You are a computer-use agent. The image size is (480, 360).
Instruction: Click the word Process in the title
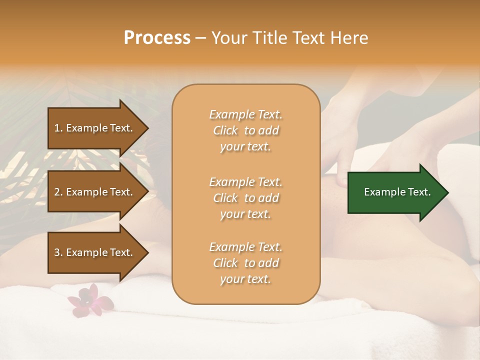point(157,38)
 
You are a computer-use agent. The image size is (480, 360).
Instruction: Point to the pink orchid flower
point(90,300)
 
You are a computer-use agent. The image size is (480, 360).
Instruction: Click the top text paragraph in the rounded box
point(245,130)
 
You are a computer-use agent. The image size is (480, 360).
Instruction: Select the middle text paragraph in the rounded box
point(245,198)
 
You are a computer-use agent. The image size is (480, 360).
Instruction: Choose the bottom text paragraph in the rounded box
point(245,263)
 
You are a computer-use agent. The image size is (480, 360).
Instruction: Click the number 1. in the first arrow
point(58,128)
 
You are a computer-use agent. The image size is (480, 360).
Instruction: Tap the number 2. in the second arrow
point(58,192)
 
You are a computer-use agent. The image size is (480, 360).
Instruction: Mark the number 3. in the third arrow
point(58,252)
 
